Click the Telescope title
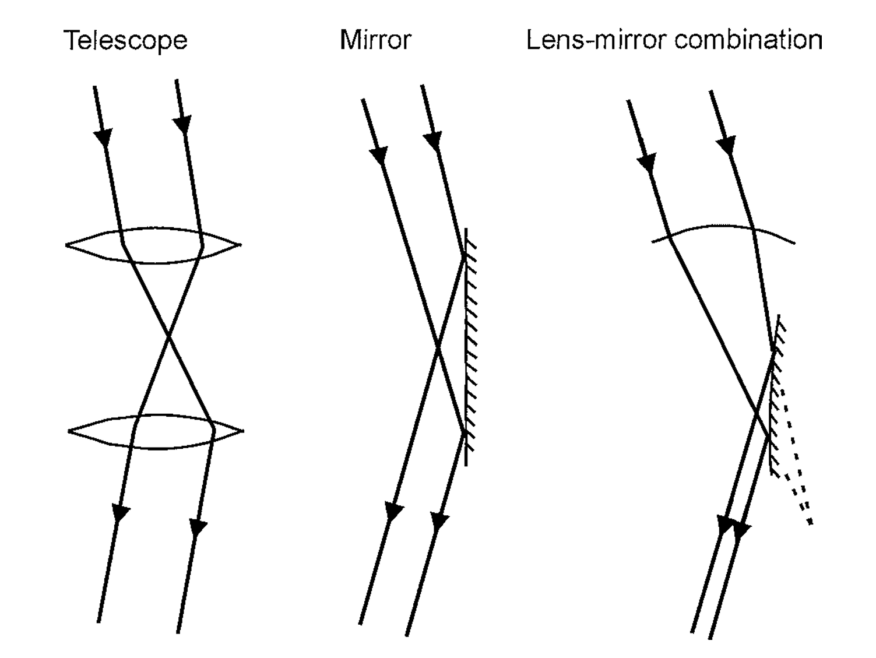[x=125, y=41]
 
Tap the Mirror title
[x=375, y=40]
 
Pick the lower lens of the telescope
[x=156, y=431]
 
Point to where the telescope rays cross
[x=169, y=336]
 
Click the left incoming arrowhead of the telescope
[x=103, y=138]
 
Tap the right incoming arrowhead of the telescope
[x=183, y=124]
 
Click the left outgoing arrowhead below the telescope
[x=121, y=512]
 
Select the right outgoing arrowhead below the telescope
[x=198, y=527]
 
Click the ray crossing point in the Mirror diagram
[x=438, y=347]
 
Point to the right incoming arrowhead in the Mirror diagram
[x=432, y=140]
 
